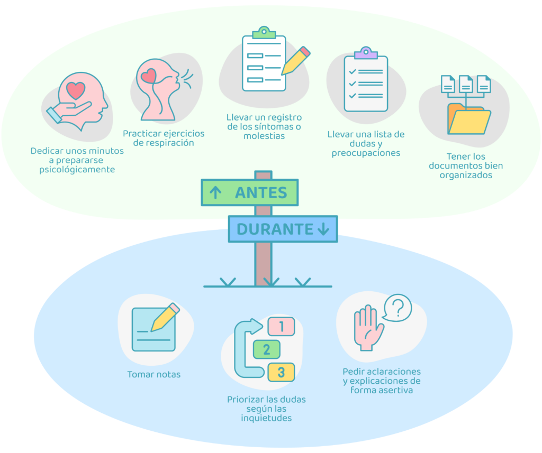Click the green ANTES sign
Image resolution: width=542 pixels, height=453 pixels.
250,192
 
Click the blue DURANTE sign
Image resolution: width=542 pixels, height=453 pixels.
283,229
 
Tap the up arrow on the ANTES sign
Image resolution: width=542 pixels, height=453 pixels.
215,192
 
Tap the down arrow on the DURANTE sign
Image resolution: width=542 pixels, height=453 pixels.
323,229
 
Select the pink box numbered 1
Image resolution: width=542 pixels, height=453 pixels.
282,326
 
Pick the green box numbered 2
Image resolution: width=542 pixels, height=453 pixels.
267,349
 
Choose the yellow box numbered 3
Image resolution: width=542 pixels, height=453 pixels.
282,372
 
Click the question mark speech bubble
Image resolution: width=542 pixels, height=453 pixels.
398,308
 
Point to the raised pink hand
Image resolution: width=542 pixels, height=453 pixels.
368,328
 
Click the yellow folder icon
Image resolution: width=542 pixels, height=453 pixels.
469,119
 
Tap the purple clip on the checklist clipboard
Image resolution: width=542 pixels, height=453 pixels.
366,53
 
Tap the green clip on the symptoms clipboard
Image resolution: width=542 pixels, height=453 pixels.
264,32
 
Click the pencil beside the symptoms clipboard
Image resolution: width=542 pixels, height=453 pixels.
295,61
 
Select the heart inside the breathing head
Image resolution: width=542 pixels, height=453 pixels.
149,76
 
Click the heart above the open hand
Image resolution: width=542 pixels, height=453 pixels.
76,90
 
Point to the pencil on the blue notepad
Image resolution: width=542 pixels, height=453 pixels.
165,317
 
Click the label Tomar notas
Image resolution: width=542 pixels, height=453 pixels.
154,375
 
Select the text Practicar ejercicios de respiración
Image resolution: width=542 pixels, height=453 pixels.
164,138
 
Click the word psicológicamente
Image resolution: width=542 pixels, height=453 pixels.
77,170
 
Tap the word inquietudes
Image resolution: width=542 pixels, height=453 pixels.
266,418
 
